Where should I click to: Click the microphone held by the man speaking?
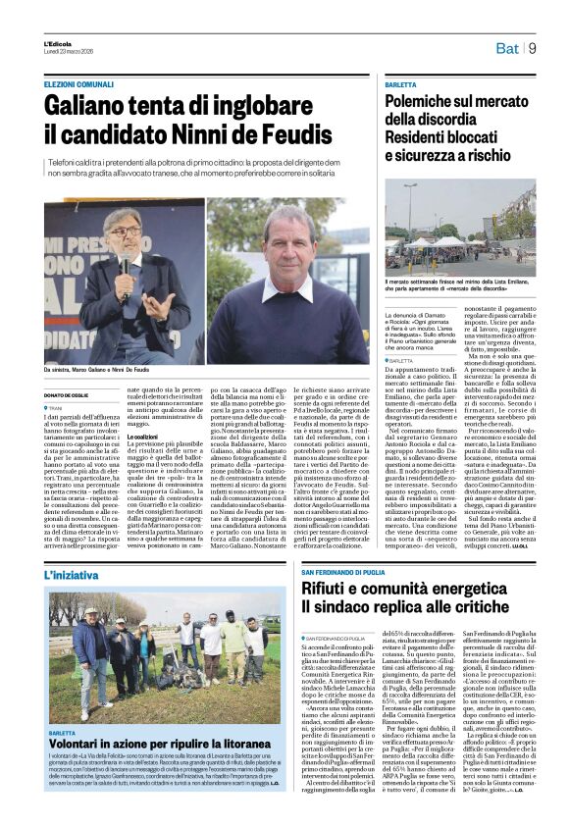point(125,265)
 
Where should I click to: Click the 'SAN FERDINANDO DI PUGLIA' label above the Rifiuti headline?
point(341,572)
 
